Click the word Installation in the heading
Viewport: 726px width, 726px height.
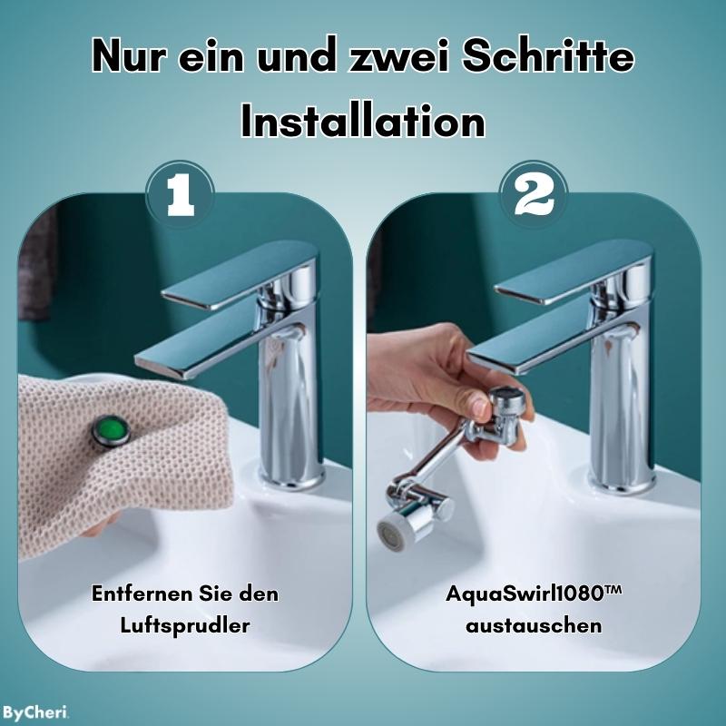point(363,121)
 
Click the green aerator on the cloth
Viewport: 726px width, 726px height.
point(108,429)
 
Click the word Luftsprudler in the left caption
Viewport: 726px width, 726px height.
point(185,626)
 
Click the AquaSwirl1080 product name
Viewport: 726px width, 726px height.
point(533,594)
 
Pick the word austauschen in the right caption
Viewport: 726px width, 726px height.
point(533,626)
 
